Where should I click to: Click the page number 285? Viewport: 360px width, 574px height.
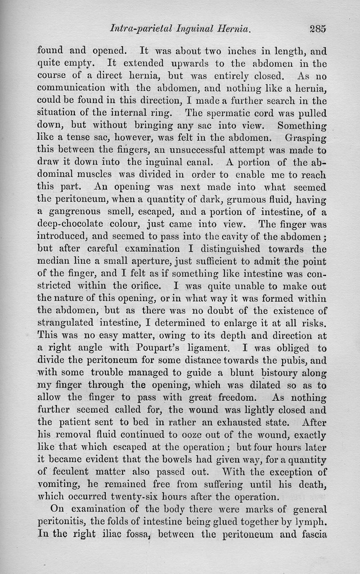pos(317,29)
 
